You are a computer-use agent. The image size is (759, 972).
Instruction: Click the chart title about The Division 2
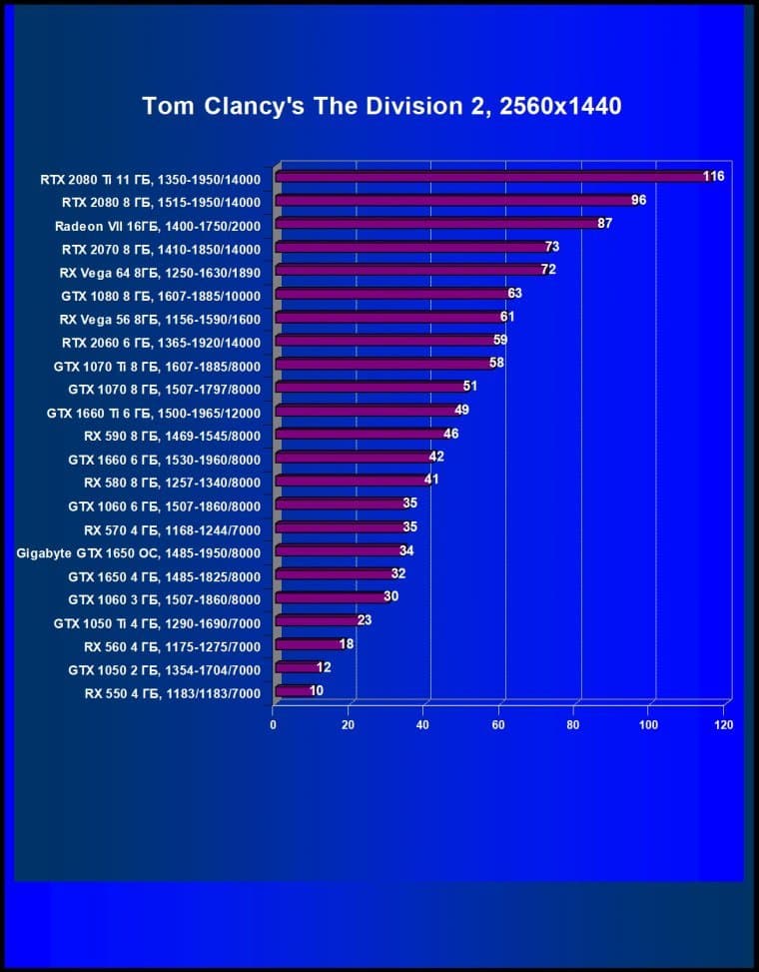click(381, 106)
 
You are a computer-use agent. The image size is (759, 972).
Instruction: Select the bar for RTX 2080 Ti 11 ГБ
click(489, 177)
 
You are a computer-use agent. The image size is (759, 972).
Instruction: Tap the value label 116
click(713, 177)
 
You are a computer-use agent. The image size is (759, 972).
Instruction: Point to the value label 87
click(605, 223)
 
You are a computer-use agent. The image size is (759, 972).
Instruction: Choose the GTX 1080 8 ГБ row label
click(161, 296)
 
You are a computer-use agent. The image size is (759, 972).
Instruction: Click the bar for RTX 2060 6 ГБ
click(383, 341)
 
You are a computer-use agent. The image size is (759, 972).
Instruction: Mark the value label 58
click(496, 363)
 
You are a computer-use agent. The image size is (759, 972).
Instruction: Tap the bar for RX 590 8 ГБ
click(360, 435)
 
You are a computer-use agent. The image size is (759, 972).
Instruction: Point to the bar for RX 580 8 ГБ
click(350, 481)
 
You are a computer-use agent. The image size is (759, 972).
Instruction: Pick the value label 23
click(365, 620)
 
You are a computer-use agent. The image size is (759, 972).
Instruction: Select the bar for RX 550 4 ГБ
click(292, 690)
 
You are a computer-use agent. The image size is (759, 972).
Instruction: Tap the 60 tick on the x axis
click(498, 724)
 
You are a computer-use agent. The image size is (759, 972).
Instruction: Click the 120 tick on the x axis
click(724, 724)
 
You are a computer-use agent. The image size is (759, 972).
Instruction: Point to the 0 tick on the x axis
click(274, 724)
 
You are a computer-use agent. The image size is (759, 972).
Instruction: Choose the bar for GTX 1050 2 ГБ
click(296, 667)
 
